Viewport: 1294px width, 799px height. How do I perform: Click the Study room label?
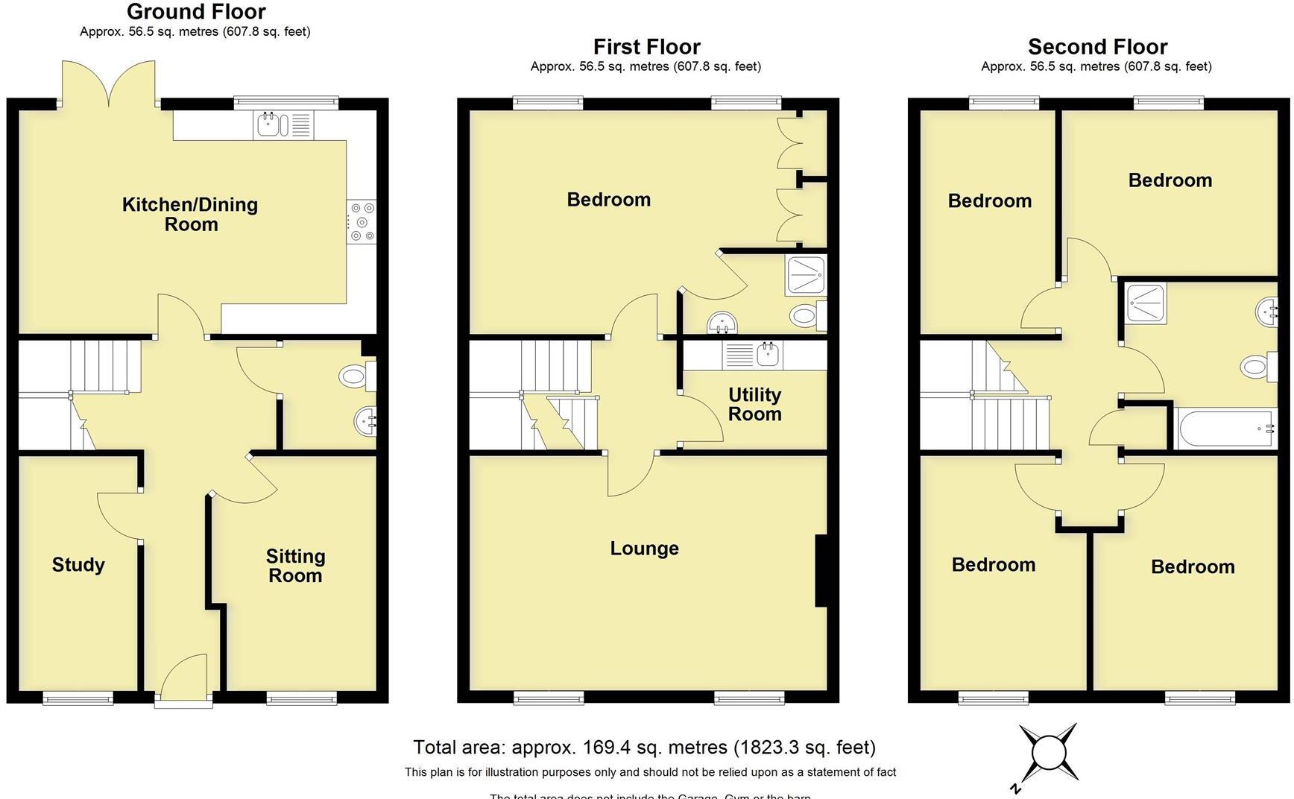pyautogui.click(x=78, y=565)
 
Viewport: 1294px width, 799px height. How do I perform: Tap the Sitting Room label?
pyautogui.click(x=295, y=566)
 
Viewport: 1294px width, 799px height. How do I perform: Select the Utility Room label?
pyautogui.click(x=754, y=404)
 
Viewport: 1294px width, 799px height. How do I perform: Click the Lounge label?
pyautogui.click(x=644, y=549)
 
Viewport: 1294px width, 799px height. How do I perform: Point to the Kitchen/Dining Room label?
pyautogui.click(x=190, y=214)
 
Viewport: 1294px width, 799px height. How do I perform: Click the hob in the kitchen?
pyautogui.click(x=362, y=221)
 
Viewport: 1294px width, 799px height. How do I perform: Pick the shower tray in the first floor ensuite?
pyautogui.click(x=805, y=275)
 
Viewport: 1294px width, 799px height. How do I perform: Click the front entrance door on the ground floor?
pyautogui.click(x=183, y=678)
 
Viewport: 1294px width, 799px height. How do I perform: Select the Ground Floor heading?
pyautogui.click(x=196, y=11)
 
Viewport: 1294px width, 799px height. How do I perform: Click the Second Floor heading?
pyautogui.click(x=1097, y=46)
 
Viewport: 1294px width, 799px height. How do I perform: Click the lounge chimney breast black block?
pyautogui.click(x=821, y=570)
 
